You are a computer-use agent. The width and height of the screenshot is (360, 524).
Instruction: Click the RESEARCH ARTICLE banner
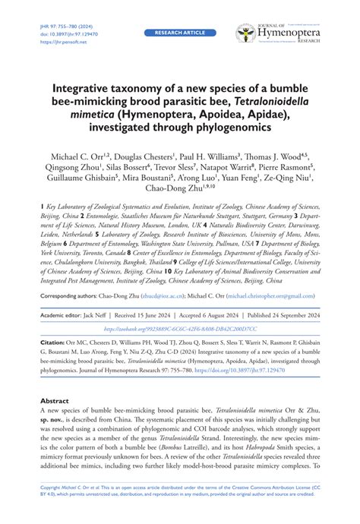[x=180, y=33]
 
